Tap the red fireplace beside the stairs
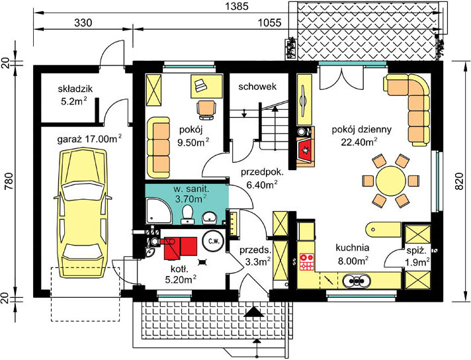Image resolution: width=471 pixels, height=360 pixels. click(306, 150)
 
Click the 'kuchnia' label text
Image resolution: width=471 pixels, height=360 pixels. click(352, 247)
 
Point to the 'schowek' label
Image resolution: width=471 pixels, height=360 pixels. click(257, 87)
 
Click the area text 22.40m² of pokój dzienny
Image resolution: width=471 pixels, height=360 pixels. click(359, 141)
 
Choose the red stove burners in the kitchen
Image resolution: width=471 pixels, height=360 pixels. click(307, 261)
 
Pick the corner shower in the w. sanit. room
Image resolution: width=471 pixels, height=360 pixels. click(156, 214)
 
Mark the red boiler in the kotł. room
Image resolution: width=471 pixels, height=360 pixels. click(182, 246)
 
